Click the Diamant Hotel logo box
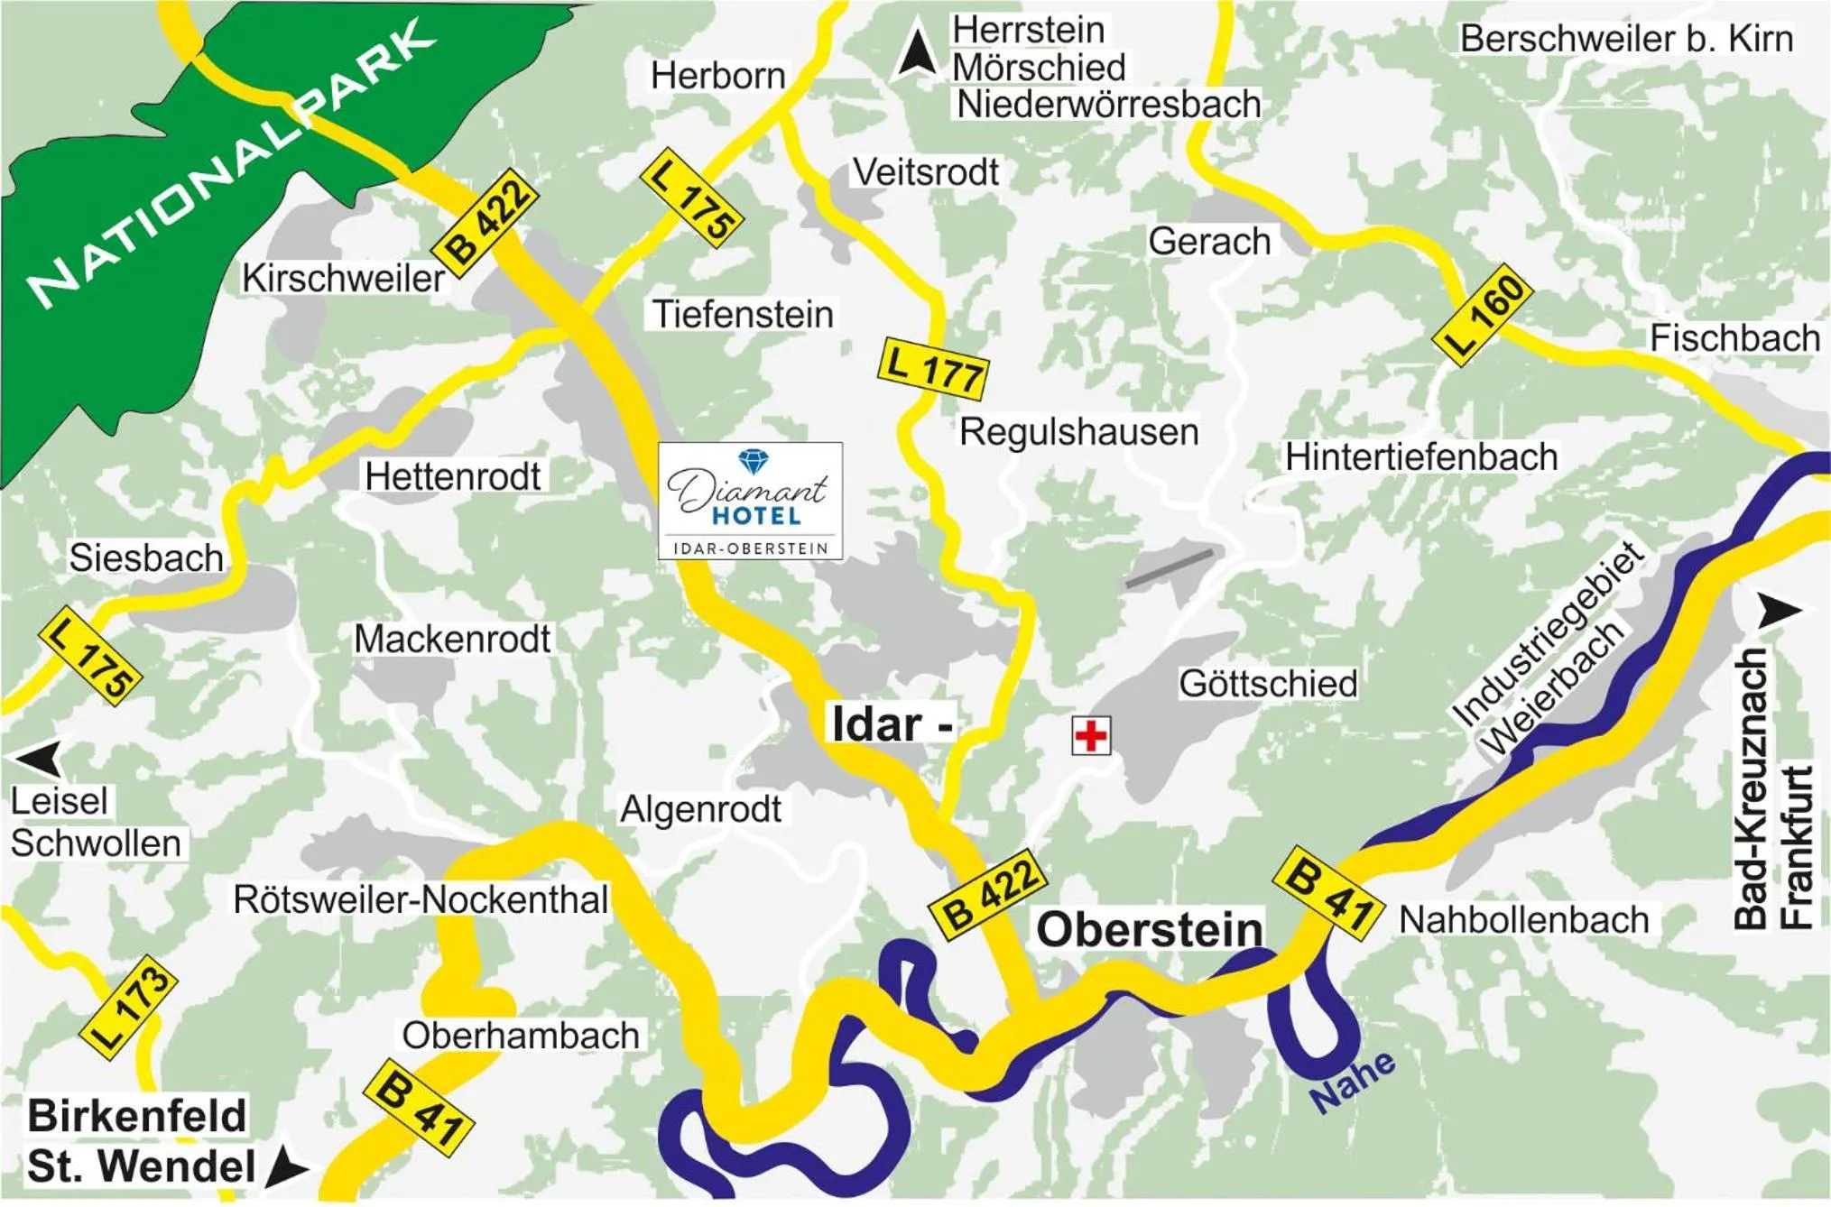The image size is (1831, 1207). click(750, 501)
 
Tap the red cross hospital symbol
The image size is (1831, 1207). click(1090, 735)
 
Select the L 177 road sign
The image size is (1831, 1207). click(933, 368)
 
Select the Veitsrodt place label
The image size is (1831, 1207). click(926, 171)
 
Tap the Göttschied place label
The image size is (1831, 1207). click(1267, 683)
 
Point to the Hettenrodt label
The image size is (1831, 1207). click(452, 476)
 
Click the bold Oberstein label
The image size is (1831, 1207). click(1149, 929)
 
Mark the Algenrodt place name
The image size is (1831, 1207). click(700, 809)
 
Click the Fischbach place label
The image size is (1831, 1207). click(1734, 338)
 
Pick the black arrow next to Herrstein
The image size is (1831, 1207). click(917, 52)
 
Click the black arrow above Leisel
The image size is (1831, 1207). click(41, 758)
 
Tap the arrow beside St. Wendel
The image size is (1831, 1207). click(287, 1166)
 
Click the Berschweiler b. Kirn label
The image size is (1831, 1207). click(1626, 39)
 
